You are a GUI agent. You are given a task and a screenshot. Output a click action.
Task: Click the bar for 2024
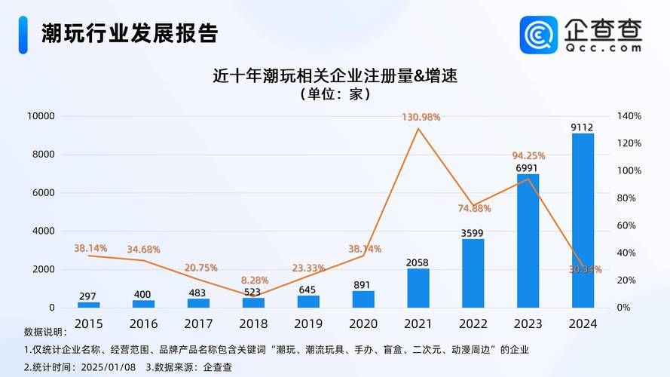tap(583, 220)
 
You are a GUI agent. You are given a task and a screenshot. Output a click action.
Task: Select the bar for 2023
tap(528, 241)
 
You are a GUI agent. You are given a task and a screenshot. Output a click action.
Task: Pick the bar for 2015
tap(88, 305)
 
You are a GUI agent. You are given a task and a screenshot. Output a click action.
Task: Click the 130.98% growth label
tap(421, 117)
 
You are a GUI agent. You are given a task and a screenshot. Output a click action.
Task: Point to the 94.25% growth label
tap(528, 156)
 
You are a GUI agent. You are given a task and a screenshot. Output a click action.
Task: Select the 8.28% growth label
tap(253, 280)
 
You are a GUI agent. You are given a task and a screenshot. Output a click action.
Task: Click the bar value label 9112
tap(582, 127)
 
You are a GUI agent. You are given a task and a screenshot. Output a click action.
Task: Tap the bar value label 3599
tap(473, 233)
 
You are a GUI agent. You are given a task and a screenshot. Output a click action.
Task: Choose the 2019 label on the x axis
tap(308, 323)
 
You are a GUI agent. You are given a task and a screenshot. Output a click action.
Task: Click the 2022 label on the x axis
tap(473, 323)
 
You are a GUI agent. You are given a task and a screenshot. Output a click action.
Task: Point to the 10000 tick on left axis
tap(41, 116)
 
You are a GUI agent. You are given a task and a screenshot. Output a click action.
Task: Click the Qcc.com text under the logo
tap(603, 47)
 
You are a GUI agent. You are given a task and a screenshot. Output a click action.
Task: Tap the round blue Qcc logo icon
tap(539, 35)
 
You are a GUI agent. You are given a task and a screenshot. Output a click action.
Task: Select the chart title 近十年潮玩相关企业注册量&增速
tap(335, 75)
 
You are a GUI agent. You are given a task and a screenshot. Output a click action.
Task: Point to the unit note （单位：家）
tap(335, 94)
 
